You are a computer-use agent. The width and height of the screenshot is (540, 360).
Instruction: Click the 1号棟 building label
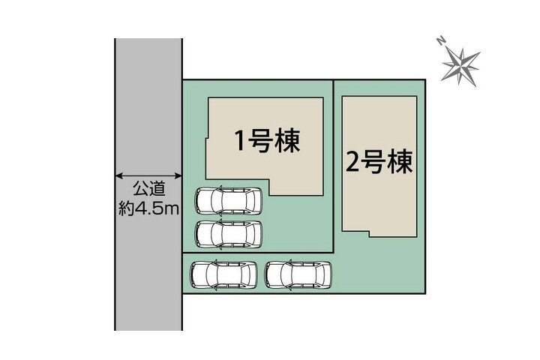pyautogui.click(x=267, y=141)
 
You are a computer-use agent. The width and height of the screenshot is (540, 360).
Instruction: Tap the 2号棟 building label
pyautogui.click(x=379, y=162)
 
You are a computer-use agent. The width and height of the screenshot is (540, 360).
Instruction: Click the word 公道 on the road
pyautogui.click(x=149, y=189)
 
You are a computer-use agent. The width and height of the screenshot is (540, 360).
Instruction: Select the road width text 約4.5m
pyautogui.click(x=148, y=208)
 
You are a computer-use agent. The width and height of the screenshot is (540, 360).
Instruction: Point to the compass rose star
pyautogui.click(x=460, y=64)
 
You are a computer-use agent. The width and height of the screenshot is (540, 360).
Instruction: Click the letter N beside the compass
pyautogui.click(x=441, y=41)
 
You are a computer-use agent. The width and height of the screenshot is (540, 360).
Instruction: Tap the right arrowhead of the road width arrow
pyautogui.click(x=178, y=176)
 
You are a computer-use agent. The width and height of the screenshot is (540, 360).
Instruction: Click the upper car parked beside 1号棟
pyautogui.click(x=228, y=200)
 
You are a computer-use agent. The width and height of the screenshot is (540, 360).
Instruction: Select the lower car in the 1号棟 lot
pyautogui.click(x=228, y=234)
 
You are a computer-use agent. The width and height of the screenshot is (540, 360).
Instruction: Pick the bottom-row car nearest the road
pyautogui.click(x=223, y=275)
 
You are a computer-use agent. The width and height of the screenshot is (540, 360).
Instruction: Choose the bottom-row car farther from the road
pyautogui.click(x=298, y=275)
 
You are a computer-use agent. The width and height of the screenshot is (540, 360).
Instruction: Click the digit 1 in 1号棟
pyautogui.click(x=241, y=141)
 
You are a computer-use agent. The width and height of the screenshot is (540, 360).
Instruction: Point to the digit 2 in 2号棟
pyautogui.click(x=352, y=162)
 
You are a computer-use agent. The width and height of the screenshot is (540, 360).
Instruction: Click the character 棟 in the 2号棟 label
pyautogui.click(x=400, y=161)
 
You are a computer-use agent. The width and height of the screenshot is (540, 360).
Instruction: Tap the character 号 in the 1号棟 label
pyautogui.click(x=259, y=141)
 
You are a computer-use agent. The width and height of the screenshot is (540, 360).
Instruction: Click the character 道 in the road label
pyautogui.click(x=157, y=189)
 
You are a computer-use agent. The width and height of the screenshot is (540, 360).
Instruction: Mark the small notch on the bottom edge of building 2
pyautogui.click(x=369, y=234)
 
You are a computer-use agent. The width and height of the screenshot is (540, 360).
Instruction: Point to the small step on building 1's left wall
pyautogui.click(x=207, y=139)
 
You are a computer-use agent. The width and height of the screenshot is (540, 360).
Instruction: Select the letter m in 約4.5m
pyautogui.click(x=173, y=209)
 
